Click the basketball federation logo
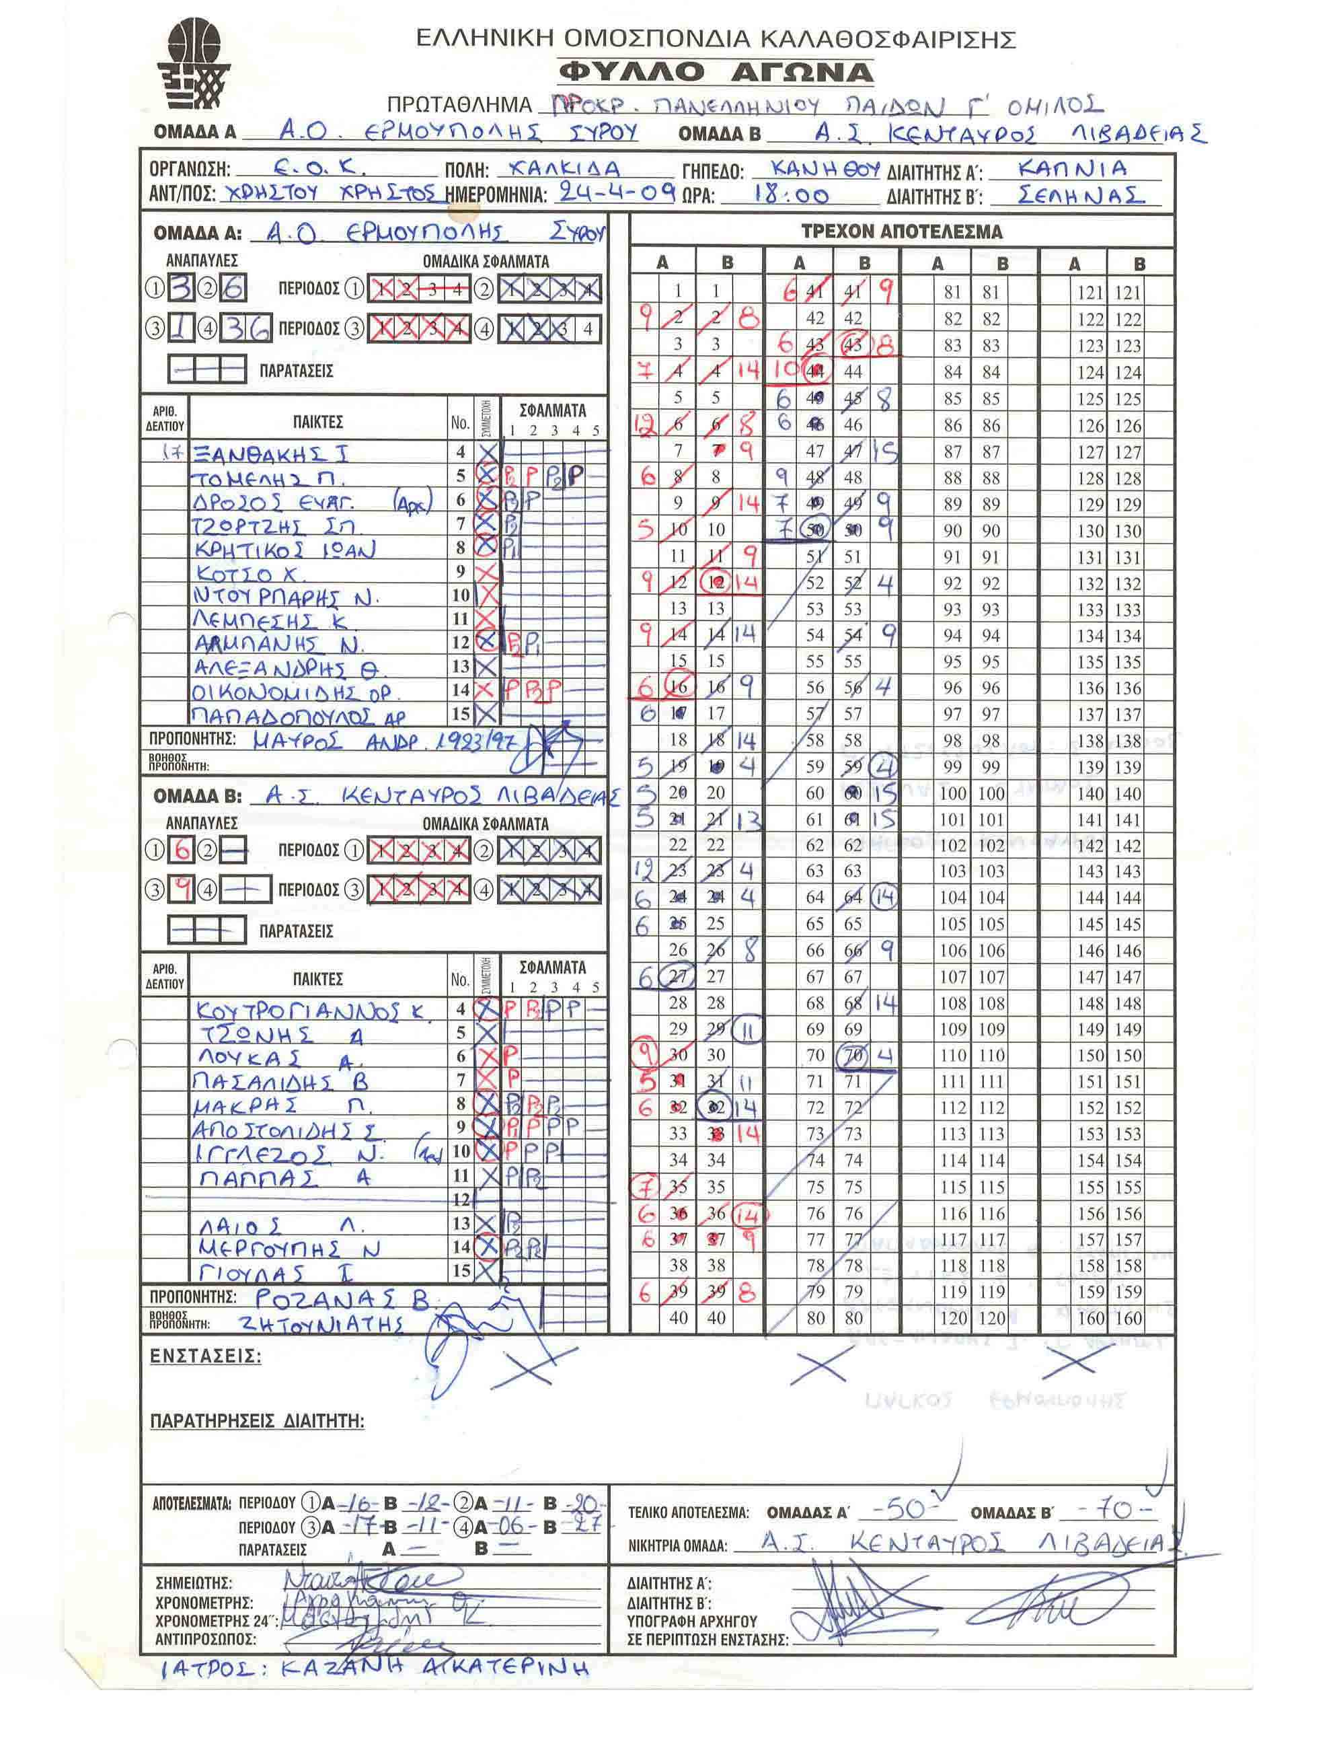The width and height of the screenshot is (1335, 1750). pyautogui.click(x=194, y=65)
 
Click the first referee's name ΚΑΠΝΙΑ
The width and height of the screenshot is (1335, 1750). pyautogui.click(x=1072, y=168)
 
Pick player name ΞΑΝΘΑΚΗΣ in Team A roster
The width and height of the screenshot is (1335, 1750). pyautogui.click(x=270, y=455)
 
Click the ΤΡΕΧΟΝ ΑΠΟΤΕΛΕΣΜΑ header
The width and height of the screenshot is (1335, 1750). pyautogui.click(x=901, y=232)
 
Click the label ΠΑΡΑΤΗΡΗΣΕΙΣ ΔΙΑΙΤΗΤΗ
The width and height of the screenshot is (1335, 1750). pyautogui.click(x=257, y=1421)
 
